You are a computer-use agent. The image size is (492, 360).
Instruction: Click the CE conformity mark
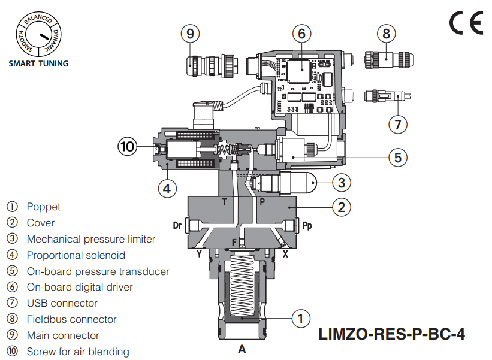click(x=466, y=23)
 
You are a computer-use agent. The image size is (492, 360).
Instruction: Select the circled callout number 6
click(x=302, y=34)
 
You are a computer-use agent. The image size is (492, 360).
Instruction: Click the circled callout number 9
click(x=190, y=34)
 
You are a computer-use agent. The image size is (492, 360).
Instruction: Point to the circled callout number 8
click(x=387, y=34)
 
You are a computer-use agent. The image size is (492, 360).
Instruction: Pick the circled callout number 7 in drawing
click(x=398, y=124)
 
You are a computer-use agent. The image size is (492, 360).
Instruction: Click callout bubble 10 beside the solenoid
click(x=128, y=146)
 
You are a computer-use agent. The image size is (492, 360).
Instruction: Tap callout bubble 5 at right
click(x=397, y=158)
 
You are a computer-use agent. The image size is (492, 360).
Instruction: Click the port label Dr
click(x=177, y=226)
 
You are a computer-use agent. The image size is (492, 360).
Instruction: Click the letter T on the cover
click(x=225, y=202)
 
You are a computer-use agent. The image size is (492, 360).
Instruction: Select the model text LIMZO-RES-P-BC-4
click(x=391, y=334)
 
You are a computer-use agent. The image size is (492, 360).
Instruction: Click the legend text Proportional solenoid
click(x=76, y=255)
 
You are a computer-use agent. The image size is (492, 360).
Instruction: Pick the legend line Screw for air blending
click(x=77, y=352)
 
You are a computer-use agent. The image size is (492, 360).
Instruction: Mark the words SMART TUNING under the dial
click(x=38, y=63)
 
